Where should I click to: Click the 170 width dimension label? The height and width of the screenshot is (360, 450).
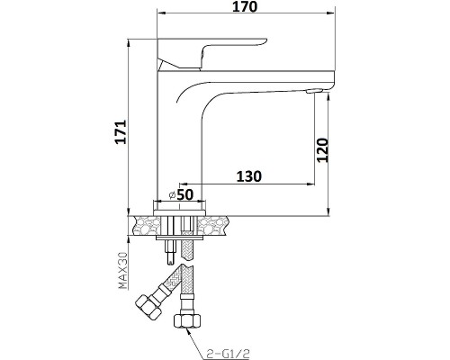(x=245, y=6)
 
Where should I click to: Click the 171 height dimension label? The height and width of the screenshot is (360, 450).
(x=121, y=132)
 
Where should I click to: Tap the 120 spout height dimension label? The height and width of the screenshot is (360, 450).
(x=323, y=150)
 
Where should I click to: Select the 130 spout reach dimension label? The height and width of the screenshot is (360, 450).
(x=249, y=176)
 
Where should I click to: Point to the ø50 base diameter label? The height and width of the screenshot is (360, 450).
(x=181, y=194)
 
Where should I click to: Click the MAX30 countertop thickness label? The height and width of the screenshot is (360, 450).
(x=123, y=271)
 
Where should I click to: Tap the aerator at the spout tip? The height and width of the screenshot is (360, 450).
(x=314, y=91)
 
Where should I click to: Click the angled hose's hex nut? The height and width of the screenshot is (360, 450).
(x=148, y=306)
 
